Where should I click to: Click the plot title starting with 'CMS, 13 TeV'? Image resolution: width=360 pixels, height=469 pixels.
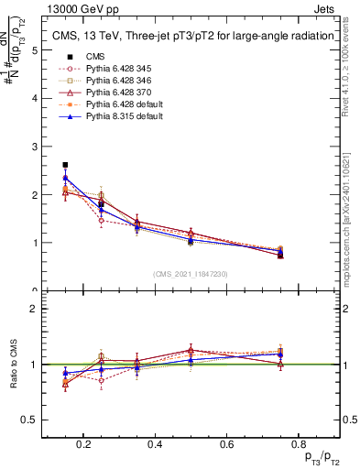click(x=191, y=37)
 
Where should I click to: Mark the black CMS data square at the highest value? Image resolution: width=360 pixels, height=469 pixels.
click(x=65, y=165)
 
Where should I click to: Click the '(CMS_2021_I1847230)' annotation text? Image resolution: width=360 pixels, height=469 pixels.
click(x=191, y=274)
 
